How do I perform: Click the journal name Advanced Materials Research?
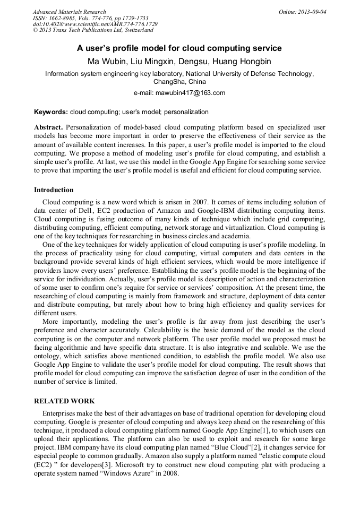coord(69,12)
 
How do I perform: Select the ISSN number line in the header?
coord(90,18)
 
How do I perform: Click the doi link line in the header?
coord(95,24)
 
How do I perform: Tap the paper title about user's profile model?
coord(179,48)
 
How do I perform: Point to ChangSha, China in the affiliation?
coord(179,82)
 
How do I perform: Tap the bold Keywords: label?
coord(51,112)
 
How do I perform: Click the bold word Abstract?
coord(48,127)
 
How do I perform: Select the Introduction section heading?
coord(54,189)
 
